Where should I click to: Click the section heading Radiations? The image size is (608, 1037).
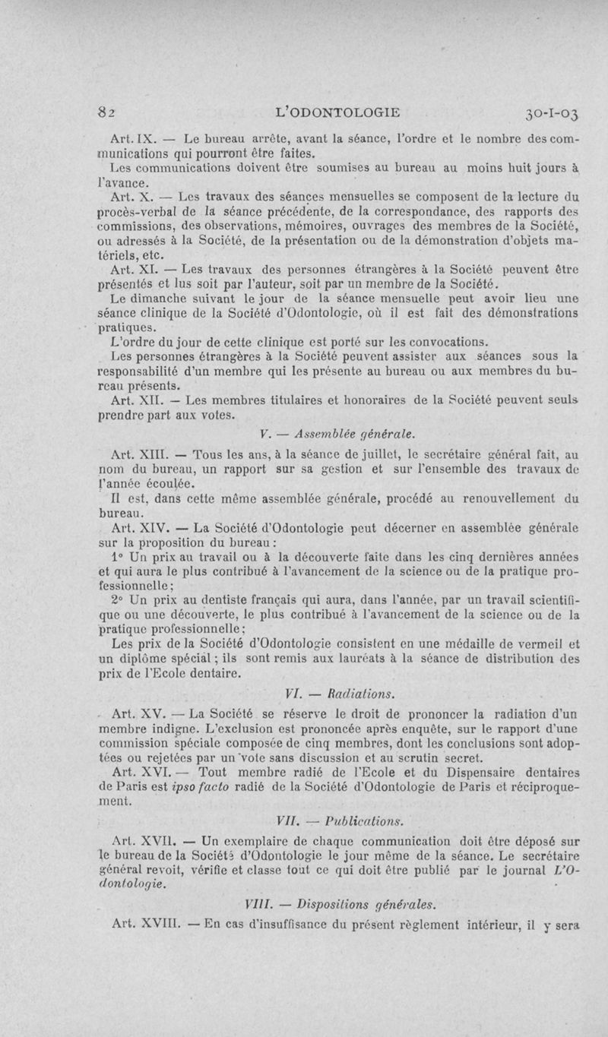[x=351, y=692]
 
